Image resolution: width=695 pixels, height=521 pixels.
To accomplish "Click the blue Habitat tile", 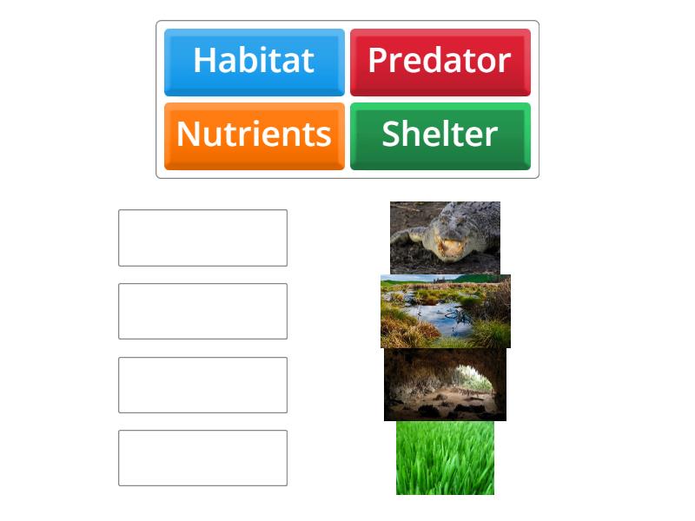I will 254,62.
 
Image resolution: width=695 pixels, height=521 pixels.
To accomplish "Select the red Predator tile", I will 440,62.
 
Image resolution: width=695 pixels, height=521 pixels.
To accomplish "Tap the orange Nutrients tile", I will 254,135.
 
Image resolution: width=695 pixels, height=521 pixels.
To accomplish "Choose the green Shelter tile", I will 440,135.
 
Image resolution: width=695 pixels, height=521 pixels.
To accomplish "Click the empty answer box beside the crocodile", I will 202,237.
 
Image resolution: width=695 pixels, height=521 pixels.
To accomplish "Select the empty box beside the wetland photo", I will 202,311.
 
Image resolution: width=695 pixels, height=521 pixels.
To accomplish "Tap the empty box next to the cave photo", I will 202,385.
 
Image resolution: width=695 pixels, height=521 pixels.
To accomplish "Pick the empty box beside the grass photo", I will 202,458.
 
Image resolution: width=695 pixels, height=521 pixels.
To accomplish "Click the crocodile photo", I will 445,237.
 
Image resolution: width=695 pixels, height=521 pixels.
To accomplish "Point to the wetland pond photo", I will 445,311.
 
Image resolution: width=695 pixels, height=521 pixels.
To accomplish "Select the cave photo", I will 445,385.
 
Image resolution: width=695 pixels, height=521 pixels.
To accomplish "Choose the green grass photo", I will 445,458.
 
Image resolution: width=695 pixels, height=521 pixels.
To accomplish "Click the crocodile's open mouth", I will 450,248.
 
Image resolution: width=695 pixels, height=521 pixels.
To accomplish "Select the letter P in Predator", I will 378,61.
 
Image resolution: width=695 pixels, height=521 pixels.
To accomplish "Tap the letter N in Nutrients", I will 188,135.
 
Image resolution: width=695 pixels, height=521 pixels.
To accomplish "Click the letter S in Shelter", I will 393,135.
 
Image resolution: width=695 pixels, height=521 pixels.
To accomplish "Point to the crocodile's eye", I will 427,228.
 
